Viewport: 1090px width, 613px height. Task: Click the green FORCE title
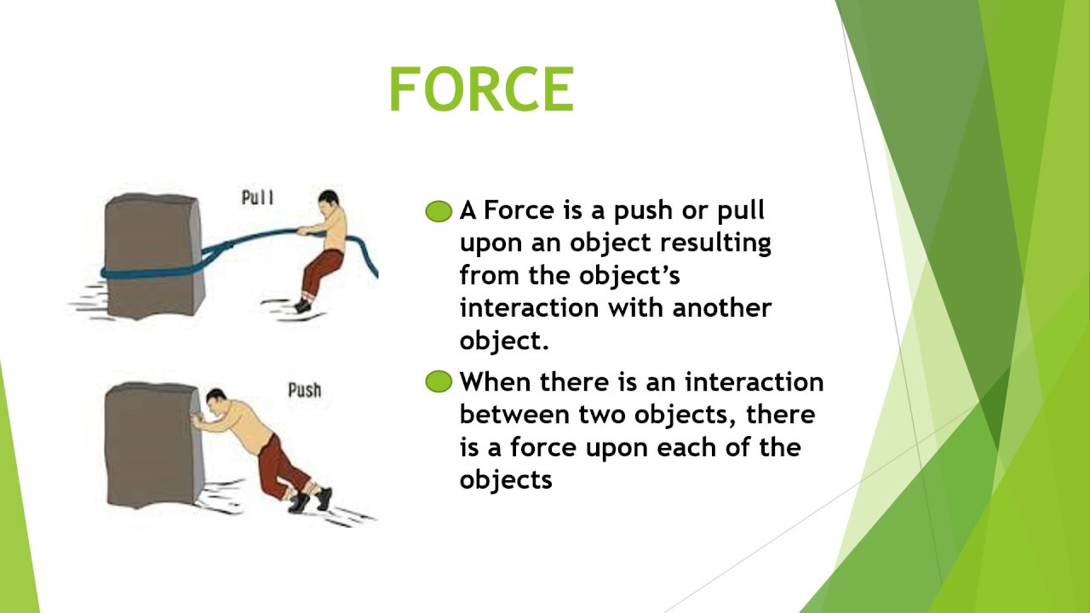point(482,89)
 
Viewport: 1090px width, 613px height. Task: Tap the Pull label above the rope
point(258,198)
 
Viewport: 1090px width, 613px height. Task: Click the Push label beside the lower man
point(304,391)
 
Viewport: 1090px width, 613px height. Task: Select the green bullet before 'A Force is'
point(439,211)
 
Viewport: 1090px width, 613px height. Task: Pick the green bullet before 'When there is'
point(439,382)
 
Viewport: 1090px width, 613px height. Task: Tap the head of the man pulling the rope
point(327,205)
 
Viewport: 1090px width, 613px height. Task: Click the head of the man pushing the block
point(217,403)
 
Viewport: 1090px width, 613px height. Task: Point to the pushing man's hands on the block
point(198,421)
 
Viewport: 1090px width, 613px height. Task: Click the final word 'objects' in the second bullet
point(506,480)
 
